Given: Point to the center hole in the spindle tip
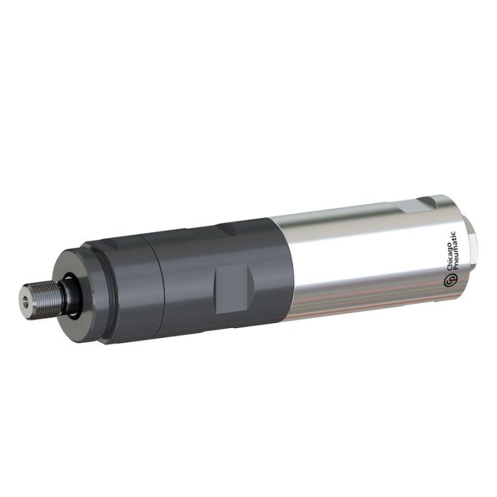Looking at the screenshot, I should pyautogui.click(x=26, y=302).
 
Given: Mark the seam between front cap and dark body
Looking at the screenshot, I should pyautogui.click(x=155, y=284).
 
